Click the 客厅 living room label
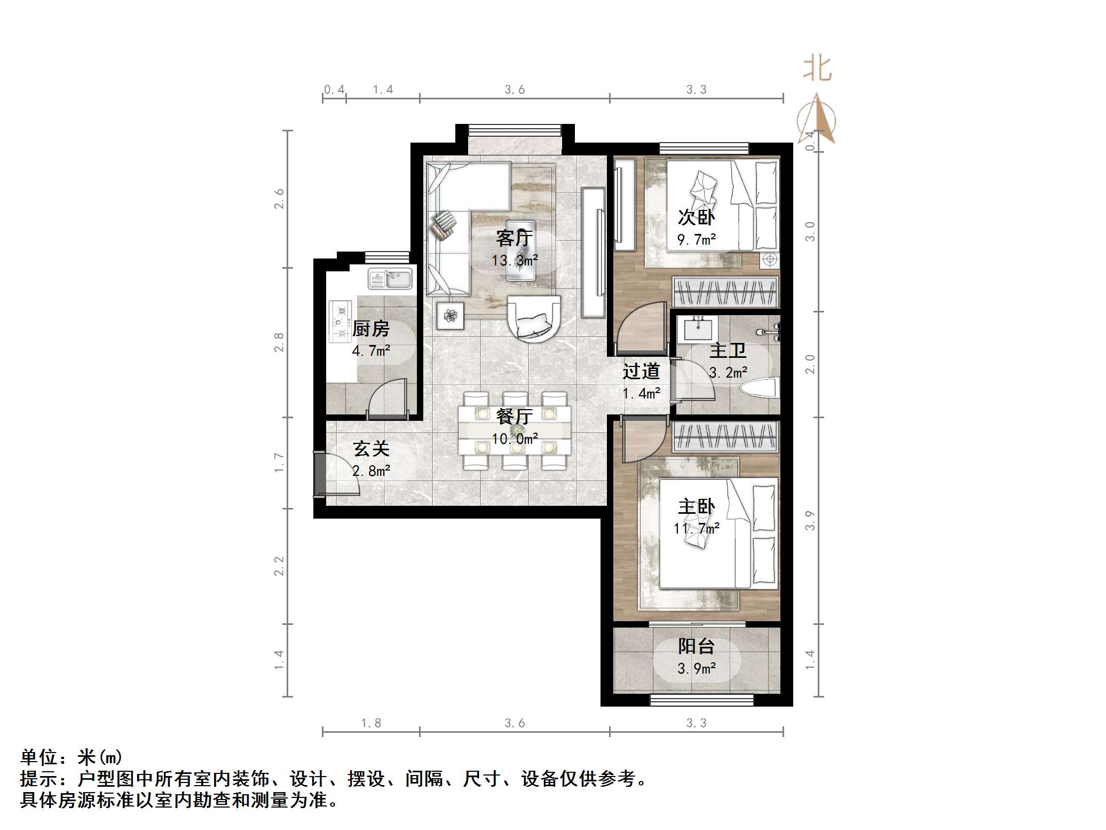(514, 238)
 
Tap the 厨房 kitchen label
(371, 328)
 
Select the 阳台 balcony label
(696, 646)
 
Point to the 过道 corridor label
(641, 371)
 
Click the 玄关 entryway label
(371, 449)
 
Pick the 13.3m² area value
(515, 261)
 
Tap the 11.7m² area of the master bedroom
(696, 529)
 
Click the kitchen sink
(391, 279)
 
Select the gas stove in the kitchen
(341, 321)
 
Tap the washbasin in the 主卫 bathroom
(697, 327)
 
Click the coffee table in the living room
(520, 249)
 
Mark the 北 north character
(817, 69)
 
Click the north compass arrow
(816, 121)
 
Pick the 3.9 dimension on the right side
(810, 521)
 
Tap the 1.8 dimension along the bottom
(371, 723)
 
